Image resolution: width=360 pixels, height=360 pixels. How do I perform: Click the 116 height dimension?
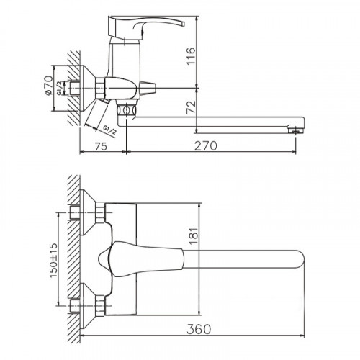click(192, 56)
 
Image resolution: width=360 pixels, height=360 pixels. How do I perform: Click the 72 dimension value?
click(192, 107)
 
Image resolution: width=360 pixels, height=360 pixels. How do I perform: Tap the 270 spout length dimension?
click(205, 145)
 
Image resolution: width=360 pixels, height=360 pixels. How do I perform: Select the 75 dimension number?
click(101, 146)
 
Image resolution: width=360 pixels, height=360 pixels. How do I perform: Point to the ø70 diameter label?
click(48, 86)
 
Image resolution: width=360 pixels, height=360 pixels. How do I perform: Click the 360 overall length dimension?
click(199, 329)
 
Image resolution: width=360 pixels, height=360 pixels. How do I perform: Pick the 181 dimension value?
click(194, 235)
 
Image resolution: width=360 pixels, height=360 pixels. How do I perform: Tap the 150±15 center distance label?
click(54, 261)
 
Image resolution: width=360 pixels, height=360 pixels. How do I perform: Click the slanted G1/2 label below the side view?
click(110, 130)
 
